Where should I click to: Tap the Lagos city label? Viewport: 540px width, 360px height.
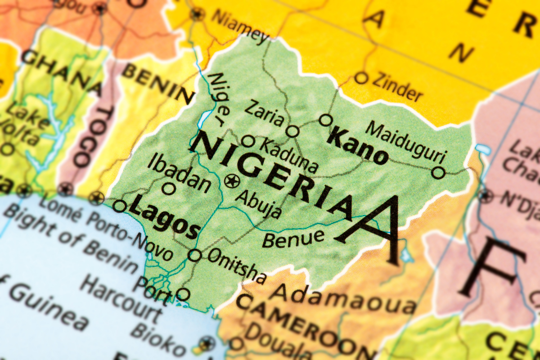[164, 220]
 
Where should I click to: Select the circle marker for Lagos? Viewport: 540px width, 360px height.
[119, 207]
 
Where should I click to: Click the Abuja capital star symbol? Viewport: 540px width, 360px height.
[232, 181]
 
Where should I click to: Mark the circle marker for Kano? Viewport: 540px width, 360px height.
[326, 120]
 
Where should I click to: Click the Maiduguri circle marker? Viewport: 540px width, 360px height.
[438, 172]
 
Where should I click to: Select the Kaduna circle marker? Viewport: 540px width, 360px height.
[248, 141]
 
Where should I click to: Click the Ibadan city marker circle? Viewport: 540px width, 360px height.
[169, 189]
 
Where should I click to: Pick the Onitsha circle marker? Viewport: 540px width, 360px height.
[194, 255]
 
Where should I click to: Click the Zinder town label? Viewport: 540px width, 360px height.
[396, 87]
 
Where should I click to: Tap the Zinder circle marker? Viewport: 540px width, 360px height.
[361, 78]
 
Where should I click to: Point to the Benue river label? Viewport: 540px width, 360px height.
[293, 238]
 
